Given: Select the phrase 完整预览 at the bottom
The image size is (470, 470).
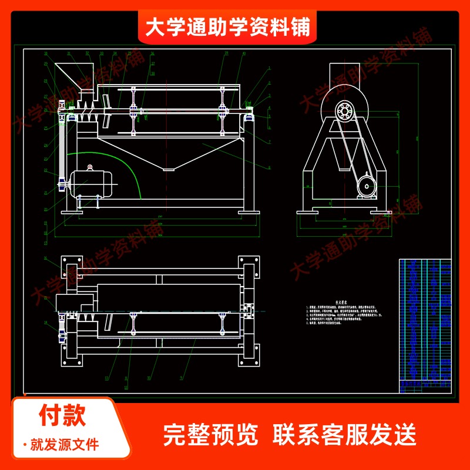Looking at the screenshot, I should pyautogui.click(x=210, y=435).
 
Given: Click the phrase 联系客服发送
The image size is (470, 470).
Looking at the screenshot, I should pyautogui.click(x=345, y=435).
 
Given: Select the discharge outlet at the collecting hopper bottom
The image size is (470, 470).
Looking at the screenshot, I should pyautogui.click(x=169, y=169).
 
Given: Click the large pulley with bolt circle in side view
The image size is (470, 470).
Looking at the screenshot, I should pyautogui.click(x=344, y=112).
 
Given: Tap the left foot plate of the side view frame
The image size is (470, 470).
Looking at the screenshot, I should pyautogui.click(x=307, y=211).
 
